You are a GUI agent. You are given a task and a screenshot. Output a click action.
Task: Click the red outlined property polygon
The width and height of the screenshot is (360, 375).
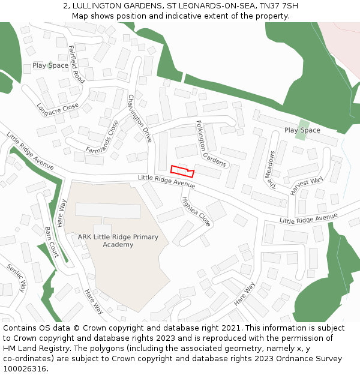click(x=182, y=170)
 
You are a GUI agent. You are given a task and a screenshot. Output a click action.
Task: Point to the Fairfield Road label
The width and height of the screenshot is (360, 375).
click(x=76, y=64)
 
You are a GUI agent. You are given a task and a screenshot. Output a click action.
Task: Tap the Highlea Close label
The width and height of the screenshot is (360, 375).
click(x=196, y=211)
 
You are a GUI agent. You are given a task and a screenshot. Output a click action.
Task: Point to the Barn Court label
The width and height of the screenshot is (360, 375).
click(x=52, y=241)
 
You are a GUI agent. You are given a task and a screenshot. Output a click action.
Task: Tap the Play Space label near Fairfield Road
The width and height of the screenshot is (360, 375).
click(x=50, y=65)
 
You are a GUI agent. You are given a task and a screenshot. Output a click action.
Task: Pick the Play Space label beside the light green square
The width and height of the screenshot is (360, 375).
click(x=302, y=130)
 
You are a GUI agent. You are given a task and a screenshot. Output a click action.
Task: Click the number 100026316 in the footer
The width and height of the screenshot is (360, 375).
click(x=25, y=369)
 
